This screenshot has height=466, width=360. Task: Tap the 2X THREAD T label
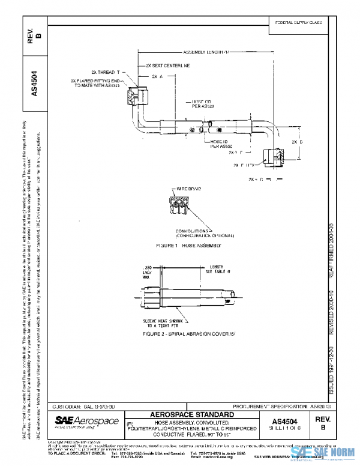(x=106, y=72)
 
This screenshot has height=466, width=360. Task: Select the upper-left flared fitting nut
(x=136, y=94)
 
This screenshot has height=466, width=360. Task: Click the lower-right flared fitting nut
(x=277, y=157)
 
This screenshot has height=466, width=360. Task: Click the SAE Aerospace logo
(x=85, y=422)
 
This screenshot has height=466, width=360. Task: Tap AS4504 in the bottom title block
(x=288, y=422)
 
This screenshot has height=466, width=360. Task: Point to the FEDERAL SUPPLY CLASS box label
(x=298, y=22)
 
